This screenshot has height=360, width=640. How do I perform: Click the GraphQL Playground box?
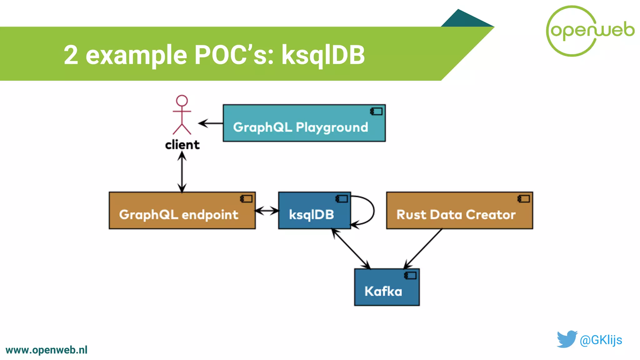(x=304, y=123)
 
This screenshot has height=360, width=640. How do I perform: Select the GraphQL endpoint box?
(x=182, y=211)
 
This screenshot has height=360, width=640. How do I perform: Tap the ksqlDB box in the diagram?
(x=314, y=211)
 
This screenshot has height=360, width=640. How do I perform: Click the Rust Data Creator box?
(x=459, y=211)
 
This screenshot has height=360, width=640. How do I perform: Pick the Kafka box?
(x=387, y=287)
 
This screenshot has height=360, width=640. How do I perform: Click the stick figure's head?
(x=182, y=101)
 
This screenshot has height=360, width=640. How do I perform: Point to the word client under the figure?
(x=182, y=145)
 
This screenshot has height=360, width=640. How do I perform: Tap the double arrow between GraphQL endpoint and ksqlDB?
(x=267, y=211)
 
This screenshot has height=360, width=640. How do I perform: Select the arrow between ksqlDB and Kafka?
(x=351, y=249)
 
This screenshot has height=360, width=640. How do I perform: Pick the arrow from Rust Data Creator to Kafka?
(x=423, y=249)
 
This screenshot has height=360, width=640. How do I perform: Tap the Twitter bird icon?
(x=567, y=339)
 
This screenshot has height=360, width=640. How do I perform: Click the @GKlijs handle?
(x=601, y=340)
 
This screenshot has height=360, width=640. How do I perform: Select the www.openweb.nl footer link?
(x=46, y=350)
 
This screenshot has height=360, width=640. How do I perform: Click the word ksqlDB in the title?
(x=323, y=55)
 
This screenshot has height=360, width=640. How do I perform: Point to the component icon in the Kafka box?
(x=410, y=275)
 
